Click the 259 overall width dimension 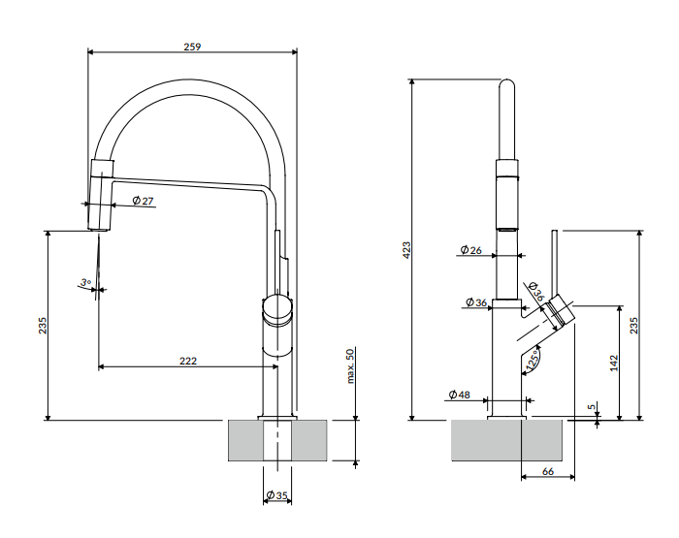[192, 47]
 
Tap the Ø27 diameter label [143, 201]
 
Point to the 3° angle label [85, 283]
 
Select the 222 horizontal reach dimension [188, 361]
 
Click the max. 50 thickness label [350, 366]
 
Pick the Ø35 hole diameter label [276, 495]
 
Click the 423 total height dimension [406, 251]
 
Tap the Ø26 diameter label [470, 250]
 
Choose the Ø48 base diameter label [459, 395]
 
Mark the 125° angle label [533, 361]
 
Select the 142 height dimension [614, 363]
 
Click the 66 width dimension [548, 471]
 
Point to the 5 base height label [592, 407]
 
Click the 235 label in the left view [43, 326]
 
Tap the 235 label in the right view [633, 326]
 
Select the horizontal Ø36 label [476, 302]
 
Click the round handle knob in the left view [277, 309]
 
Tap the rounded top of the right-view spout [507, 83]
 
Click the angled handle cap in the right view [561, 312]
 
